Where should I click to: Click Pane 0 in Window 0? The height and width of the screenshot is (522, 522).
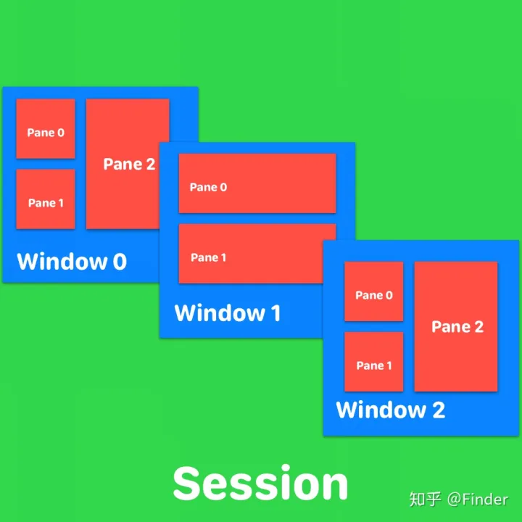coord(45,128)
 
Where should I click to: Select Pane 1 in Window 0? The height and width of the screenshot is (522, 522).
coord(45,199)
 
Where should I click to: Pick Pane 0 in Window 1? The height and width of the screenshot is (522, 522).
coord(257,183)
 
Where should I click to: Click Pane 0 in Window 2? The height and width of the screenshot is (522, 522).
coord(373,291)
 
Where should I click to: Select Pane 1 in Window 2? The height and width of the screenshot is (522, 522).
coord(373,361)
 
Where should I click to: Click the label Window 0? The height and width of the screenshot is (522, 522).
coord(71,261)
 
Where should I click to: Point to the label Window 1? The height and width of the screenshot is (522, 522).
coord(227,313)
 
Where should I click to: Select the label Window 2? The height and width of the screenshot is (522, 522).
coord(390,410)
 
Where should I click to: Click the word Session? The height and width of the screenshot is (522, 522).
coord(260,484)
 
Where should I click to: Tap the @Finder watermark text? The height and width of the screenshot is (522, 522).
coord(478,499)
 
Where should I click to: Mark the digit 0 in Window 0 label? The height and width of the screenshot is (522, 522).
coord(119,261)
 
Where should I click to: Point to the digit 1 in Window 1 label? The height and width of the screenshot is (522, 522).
coord(275,313)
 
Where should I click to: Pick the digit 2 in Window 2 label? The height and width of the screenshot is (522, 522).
coord(438,410)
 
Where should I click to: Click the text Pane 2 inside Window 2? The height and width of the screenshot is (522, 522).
coord(457,327)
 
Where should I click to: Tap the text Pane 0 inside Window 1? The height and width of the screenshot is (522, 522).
coord(208,187)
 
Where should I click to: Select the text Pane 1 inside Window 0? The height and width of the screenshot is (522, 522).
coord(46,203)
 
